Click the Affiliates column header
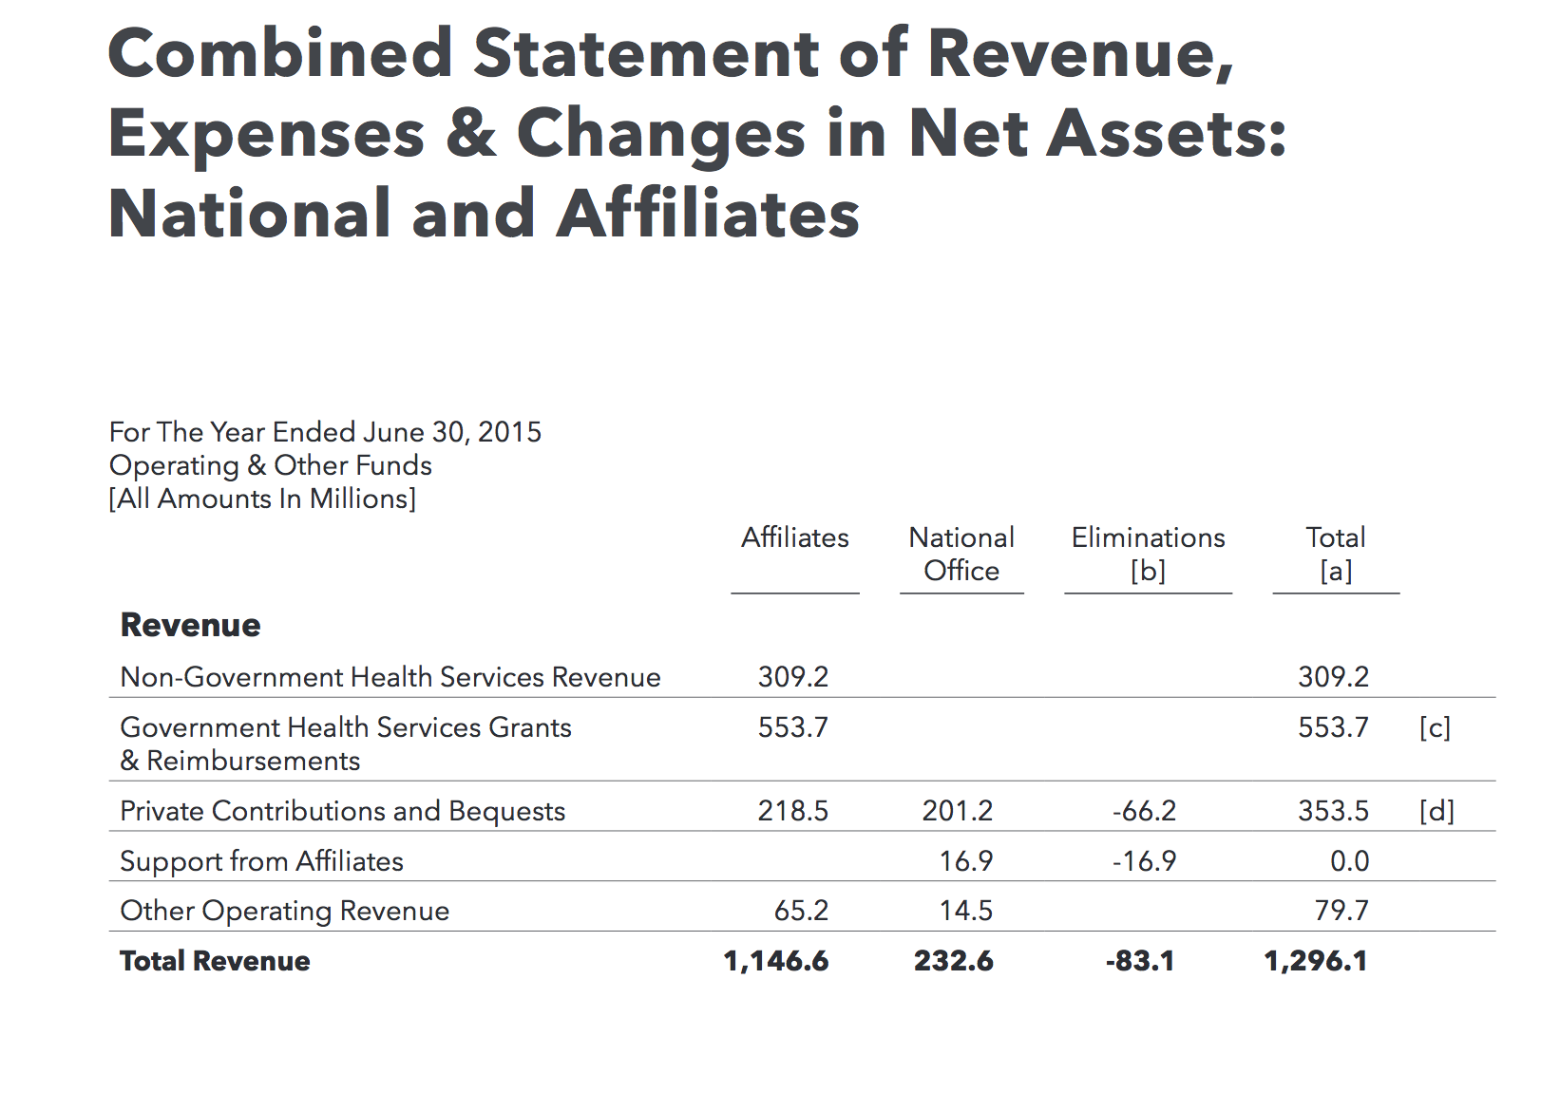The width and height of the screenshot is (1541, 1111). coord(794,537)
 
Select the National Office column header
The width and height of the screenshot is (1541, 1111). coord(961,555)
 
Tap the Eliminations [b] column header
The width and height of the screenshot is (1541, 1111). coord(1149,555)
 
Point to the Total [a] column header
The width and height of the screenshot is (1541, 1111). coord(1335,555)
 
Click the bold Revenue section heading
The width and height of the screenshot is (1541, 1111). coord(191,625)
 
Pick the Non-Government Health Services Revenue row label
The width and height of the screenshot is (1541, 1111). coord(390,677)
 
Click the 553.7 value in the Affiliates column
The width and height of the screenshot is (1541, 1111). coord(793,727)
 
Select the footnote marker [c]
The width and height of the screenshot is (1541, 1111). coord(1435,727)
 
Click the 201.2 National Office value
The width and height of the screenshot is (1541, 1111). coord(957,811)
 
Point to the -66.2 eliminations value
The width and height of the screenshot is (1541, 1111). coord(1144,811)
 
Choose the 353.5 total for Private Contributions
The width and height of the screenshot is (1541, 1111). coord(1333,811)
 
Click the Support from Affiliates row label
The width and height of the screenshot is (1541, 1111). coord(261,861)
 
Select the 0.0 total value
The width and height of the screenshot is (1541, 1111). coord(1350,861)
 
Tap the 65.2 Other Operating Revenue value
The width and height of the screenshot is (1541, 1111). coord(802,911)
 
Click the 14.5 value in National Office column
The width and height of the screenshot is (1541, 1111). coord(966,911)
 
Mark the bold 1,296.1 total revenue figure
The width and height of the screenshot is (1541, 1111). coord(1315,961)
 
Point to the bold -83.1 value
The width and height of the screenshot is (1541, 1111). coord(1140,961)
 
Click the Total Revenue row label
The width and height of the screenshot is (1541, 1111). coord(215,961)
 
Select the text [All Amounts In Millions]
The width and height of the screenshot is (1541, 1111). coord(262,499)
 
